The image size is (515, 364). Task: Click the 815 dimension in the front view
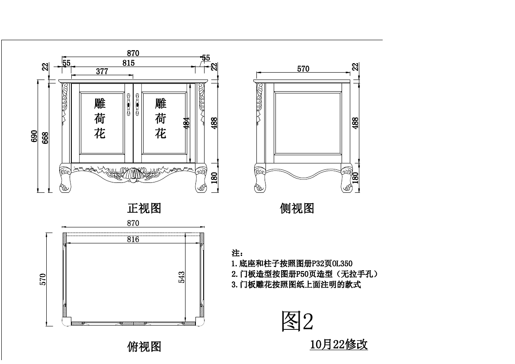pos(128,63)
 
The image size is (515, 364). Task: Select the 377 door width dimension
pos(102,72)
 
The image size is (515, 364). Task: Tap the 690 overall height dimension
pos(34,137)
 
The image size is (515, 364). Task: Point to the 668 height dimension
pos(44,137)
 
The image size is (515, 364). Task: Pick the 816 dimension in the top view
pos(133,239)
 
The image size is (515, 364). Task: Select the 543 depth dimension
pos(182,278)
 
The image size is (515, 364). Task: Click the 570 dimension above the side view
pos(303,69)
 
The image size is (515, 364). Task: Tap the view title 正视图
pos(144,208)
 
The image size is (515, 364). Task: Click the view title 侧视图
pos(297,208)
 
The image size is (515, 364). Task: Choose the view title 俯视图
pos(144,346)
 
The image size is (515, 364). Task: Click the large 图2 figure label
pos(297,321)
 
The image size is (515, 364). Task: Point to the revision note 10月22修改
pos(339,345)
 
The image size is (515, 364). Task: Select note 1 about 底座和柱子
pos(292,263)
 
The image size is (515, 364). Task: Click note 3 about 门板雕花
pos(296,285)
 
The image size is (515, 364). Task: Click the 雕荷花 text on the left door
pos(100,118)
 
